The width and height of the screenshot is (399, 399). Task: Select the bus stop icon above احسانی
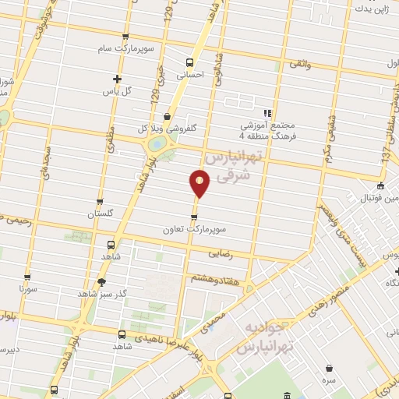[189, 62]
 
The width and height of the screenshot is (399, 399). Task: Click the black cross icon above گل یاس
[117, 78]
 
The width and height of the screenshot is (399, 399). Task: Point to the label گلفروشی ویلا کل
[162, 129]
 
